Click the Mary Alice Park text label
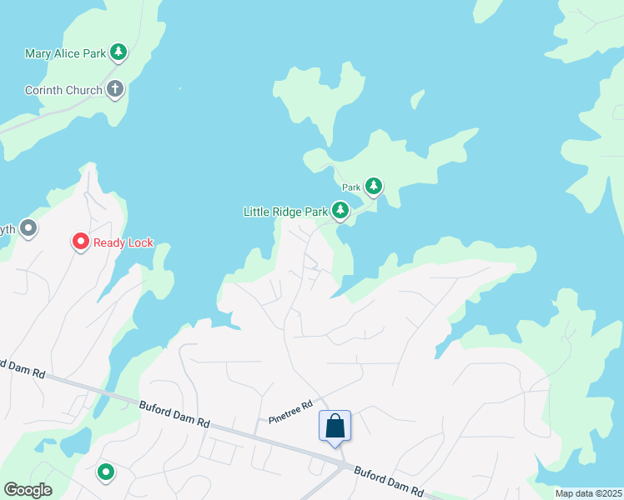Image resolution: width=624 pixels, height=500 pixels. (65, 53)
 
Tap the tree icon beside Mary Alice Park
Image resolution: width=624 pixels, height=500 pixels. (118, 53)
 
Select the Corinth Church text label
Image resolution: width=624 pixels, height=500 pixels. (63, 90)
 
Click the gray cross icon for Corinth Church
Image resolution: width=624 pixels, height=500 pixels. (115, 88)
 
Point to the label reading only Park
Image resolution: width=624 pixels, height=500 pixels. (351, 187)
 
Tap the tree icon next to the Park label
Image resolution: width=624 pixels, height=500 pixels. (374, 186)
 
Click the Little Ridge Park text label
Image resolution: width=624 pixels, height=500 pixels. (285, 212)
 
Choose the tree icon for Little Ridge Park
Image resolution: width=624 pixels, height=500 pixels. (340, 211)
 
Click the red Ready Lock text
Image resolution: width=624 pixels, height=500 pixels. (123, 242)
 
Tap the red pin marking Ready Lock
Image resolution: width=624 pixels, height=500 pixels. (81, 242)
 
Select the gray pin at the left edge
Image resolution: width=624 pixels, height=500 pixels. (29, 227)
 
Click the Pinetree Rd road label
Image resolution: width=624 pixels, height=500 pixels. (290, 411)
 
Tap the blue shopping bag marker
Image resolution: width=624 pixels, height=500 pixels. (335, 426)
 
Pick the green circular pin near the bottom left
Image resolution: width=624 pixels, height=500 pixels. (106, 472)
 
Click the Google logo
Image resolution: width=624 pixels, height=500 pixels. (28, 490)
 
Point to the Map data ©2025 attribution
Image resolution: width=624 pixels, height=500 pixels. (587, 493)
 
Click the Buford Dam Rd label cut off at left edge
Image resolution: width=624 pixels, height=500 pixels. (22, 368)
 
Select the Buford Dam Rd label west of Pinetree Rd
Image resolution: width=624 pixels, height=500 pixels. (174, 413)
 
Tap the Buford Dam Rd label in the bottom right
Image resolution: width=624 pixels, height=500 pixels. (390, 481)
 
